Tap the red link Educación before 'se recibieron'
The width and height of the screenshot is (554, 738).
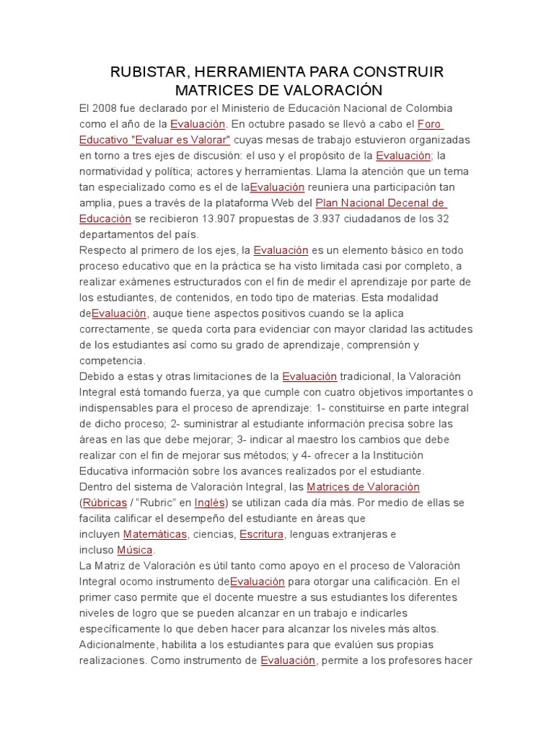click(105, 218)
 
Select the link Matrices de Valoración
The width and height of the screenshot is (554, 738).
click(363, 486)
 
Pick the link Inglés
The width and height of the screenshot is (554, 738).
click(208, 502)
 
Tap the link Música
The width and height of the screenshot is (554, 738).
click(135, 550)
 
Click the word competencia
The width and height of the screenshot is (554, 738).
click(112, 360)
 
